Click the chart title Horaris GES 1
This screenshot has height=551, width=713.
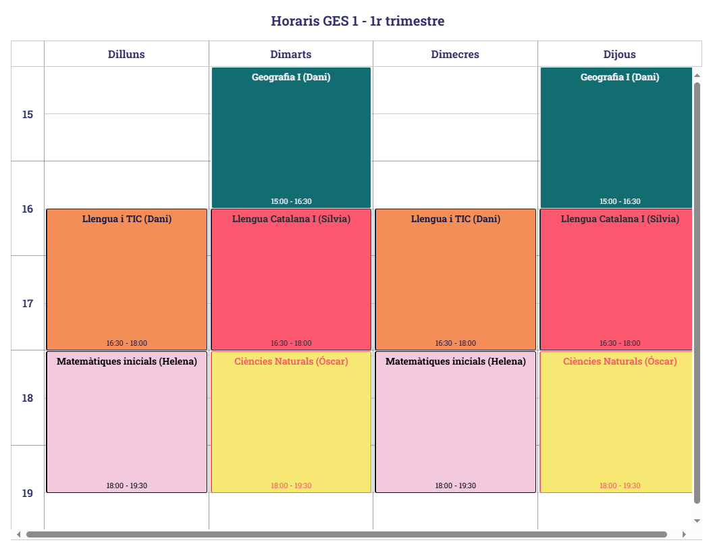pos(357,21)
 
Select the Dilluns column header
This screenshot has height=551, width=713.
pos(126,54)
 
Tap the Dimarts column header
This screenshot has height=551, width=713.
pos(291,54)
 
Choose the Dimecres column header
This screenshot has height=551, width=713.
pos(455,54)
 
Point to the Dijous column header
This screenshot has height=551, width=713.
pos(619,54)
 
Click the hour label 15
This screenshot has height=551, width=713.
pos(28,114)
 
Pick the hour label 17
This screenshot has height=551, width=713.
pos(28,303)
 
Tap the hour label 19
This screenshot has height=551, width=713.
pos(28,493)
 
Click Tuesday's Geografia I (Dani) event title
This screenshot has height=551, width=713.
pos(291,77)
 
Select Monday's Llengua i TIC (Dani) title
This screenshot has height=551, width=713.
pos(127,219)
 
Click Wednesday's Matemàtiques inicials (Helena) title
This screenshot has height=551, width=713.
pos(455,361)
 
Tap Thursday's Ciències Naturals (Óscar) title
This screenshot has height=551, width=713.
pos(620,361)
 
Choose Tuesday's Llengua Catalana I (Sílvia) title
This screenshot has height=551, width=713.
pos(291,219)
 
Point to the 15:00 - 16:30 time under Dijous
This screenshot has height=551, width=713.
pos(620,201)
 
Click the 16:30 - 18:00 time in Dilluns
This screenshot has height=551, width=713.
pos(127,343)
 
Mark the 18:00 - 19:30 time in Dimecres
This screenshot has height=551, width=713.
pos(455,486)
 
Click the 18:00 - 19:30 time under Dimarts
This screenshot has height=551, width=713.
pos(291,486)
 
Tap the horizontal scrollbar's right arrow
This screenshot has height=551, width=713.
pos(683,534)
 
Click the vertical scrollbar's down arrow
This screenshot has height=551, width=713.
pos(697,521)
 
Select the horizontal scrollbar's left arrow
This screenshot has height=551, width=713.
pos(18,534)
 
